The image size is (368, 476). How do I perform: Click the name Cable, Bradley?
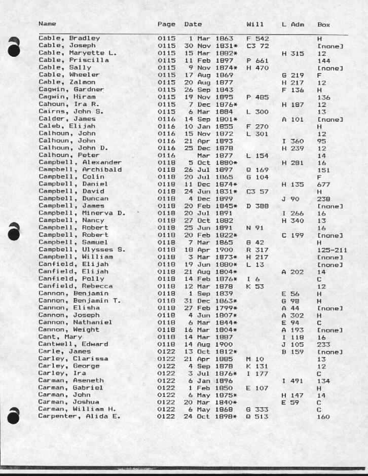pyautogui.click(x=69, y=38)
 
